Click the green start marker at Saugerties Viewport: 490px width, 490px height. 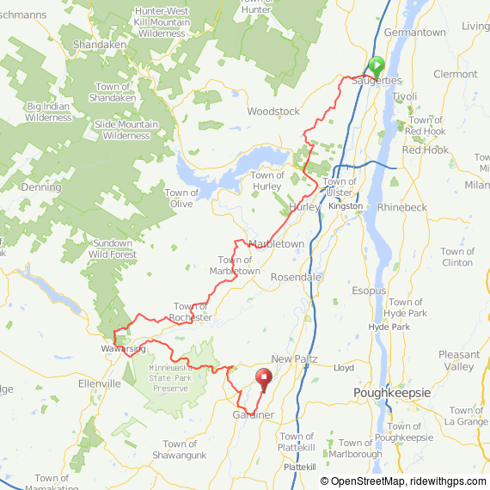376,65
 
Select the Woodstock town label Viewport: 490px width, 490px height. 273,112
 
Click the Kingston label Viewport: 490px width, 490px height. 346,207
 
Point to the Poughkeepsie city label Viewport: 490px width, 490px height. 391,392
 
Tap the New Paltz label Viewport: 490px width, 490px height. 294,358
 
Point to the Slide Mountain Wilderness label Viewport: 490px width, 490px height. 126,130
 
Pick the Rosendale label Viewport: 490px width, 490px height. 296,278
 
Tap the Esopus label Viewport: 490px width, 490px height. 369,291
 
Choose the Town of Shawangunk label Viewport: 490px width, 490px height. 181,450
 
